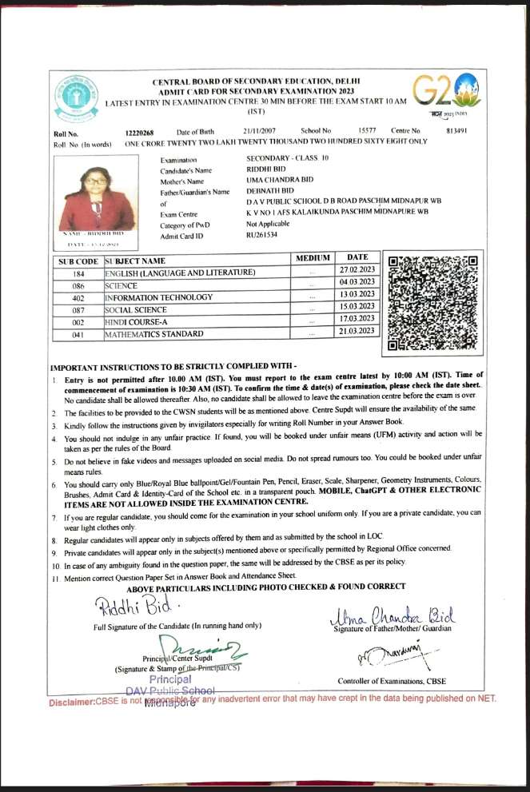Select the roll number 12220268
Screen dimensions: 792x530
click(x=139, y=130)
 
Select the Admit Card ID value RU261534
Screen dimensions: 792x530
click(x=263, y=236)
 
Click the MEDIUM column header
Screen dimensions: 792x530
click(x=313, y=258)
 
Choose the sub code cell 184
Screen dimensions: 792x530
click(x=78, y=273)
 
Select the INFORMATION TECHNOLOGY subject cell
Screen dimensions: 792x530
click(x=159, y=297)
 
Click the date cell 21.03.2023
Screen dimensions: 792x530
click(x=357, y=331)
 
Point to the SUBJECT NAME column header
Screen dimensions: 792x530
click(x=136, y=261)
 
